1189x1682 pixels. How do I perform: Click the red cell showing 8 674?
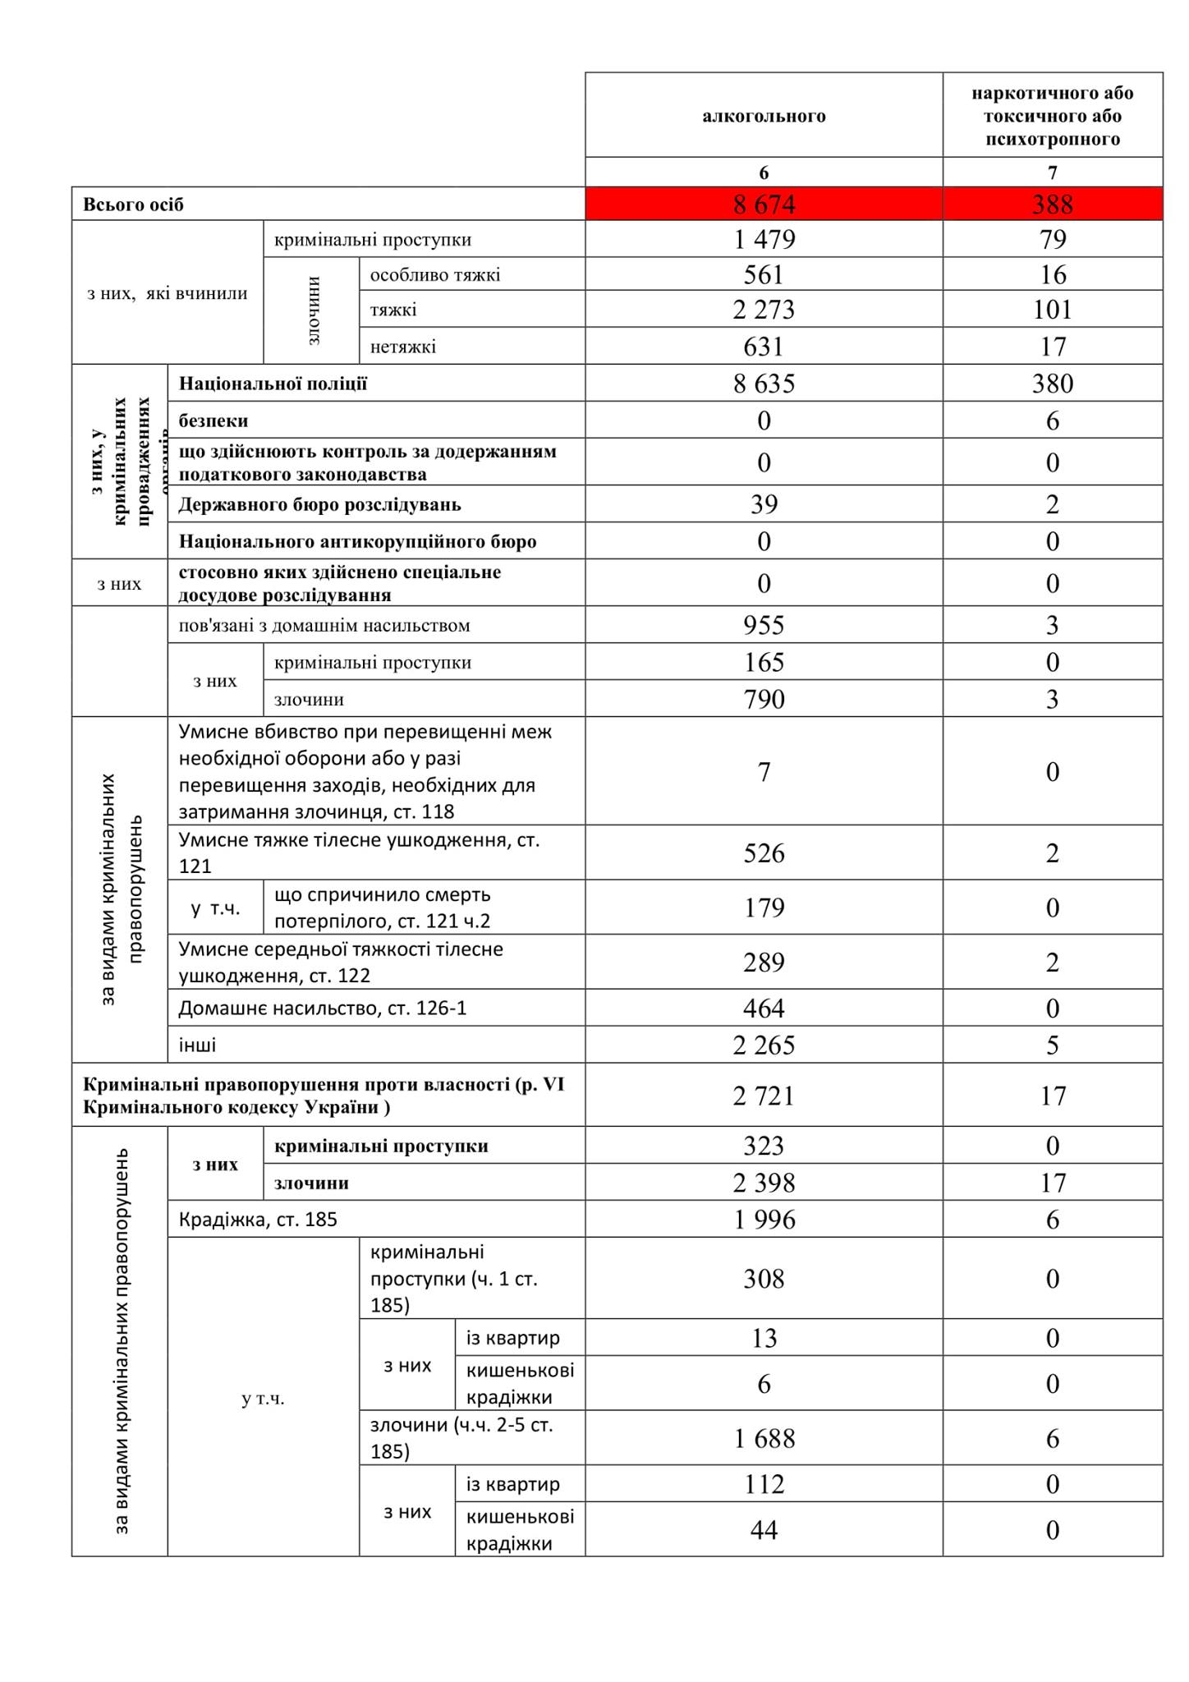coord(764,205)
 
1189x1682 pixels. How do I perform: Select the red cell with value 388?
coord(1052,205)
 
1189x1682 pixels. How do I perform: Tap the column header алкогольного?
coord(764,116)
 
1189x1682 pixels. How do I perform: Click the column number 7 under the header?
coord(1052,172)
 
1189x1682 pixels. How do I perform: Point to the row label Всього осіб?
coord(133,205)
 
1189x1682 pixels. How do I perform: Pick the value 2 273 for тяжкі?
coord(764,310)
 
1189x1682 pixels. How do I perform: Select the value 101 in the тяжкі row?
coord(1052,310)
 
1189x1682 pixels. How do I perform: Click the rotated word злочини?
coord(312,310)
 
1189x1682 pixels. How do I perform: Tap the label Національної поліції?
coord(273,384)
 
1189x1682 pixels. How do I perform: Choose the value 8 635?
coord(764,384)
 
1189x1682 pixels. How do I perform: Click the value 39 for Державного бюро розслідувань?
coord(764,504)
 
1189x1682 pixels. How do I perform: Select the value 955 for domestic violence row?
coord(764,626)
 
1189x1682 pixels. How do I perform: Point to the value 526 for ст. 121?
coord(764,853)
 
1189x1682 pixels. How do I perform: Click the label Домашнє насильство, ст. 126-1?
coord(323,1008)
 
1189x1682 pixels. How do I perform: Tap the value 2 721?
coord(764,1096)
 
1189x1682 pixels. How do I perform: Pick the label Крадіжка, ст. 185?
coord(258,1220)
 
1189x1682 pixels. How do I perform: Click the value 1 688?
coord(764,1439)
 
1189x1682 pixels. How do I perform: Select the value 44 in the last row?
coord(764,1530)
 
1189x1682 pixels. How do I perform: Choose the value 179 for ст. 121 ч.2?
coord(764,908)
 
